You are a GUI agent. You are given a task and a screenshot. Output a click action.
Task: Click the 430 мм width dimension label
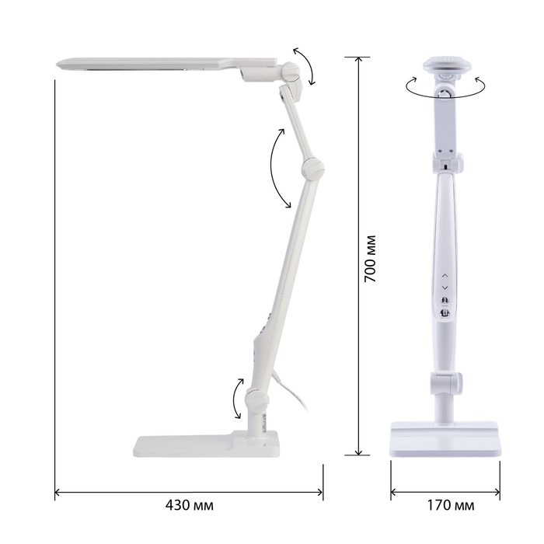pos(189,505)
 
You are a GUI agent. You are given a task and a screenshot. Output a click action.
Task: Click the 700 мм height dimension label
pos(370,259)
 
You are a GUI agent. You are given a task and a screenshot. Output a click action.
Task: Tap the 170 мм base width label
pos(450,505)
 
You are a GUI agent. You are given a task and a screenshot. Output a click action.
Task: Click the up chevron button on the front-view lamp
pos(445,275)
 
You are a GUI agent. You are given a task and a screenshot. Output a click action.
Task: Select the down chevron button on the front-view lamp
pos(445,288)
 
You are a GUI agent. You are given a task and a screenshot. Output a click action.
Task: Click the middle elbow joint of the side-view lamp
pos(312,169)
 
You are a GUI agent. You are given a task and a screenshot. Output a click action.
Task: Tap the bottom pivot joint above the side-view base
pos(257,399)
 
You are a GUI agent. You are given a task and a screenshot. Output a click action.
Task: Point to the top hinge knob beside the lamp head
pos(291,71)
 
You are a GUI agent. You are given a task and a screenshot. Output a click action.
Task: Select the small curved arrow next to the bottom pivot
pos(233,399)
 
